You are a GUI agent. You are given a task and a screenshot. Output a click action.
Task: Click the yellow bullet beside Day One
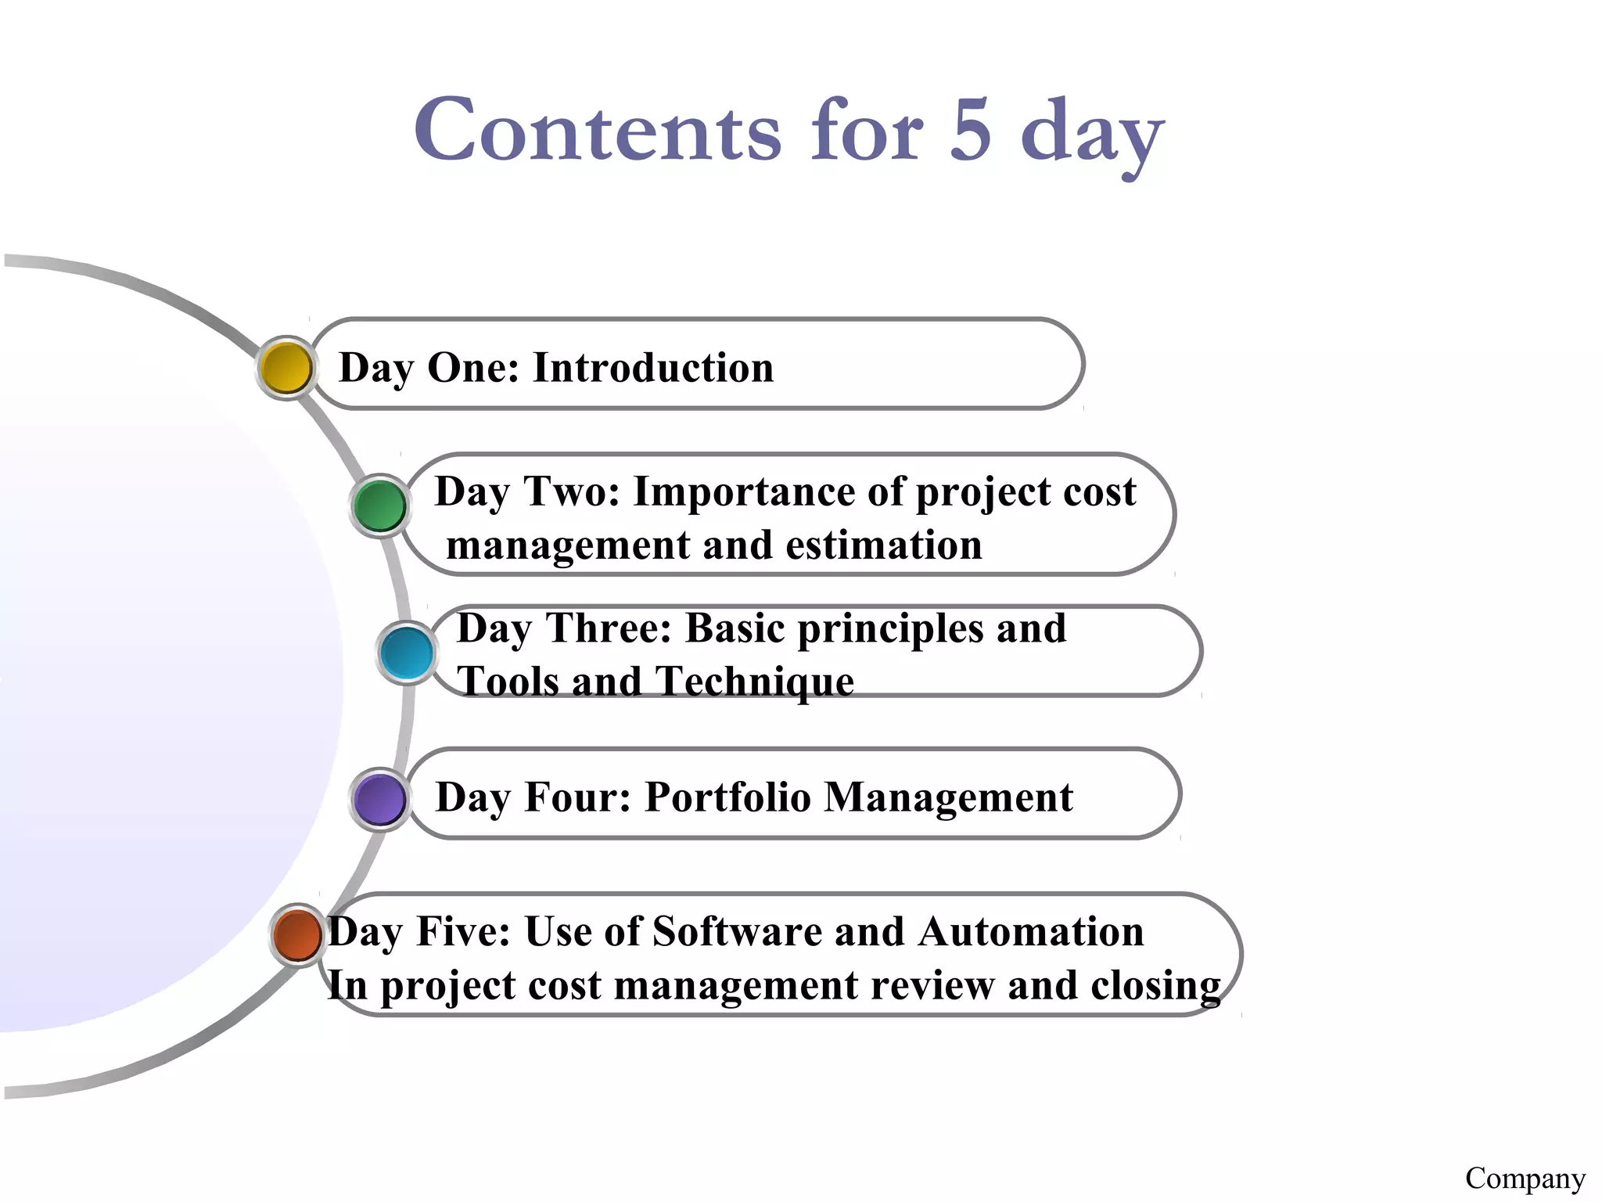pyautogui.click(x=286, y=368)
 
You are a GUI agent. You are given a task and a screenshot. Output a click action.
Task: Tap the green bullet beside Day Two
pyautogui.click(x=379, y=506)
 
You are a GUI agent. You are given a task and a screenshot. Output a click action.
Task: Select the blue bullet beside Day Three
pyautogui.click(x=407, y=652)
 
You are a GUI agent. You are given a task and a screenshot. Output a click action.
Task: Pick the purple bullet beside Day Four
pyautogui.click(x=379, y=799)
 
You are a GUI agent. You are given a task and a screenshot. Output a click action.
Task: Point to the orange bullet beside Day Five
pyautogui.click(x=298, y=934)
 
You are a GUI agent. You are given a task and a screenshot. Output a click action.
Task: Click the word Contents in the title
pyautogui.click(x=598, y=131)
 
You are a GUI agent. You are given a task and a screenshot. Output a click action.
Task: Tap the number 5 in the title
pyautogui.click(x=971, y=131)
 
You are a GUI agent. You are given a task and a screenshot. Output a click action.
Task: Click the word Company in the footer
pyautogui.click(x=1525, y=1178)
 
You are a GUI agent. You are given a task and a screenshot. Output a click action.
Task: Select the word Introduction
pyautogui.click(x=652, y=367)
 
